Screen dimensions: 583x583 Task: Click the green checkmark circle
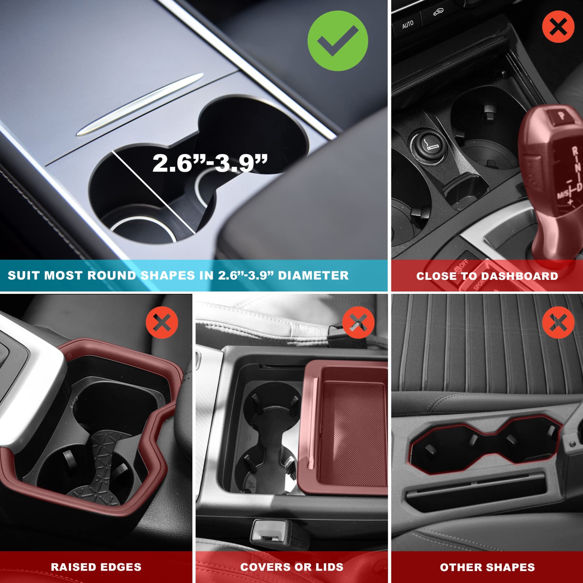click(337, 41)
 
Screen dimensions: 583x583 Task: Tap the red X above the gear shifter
click(558, 27)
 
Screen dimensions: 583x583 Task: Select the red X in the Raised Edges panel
click(162, 322)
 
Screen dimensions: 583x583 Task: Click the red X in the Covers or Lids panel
click(358, 322)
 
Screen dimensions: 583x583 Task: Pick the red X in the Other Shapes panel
click(558, 322)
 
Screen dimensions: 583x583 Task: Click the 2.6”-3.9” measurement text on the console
click(210, 163)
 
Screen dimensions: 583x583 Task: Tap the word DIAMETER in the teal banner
click(313, 276)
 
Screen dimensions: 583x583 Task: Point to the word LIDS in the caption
click(329, 567)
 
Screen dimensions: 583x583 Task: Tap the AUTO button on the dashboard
click(408, 25)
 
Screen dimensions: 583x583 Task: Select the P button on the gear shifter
click(561, 115)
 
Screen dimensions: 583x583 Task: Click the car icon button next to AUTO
click(438, 12)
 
